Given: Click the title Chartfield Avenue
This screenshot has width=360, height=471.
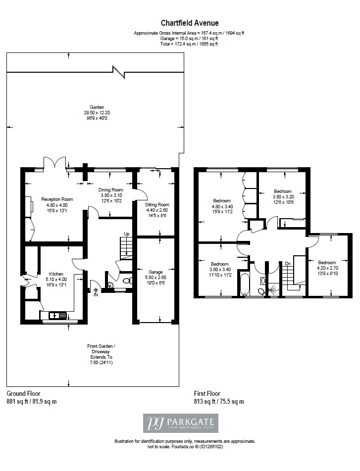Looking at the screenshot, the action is pyautogui.click(x=190, y=23).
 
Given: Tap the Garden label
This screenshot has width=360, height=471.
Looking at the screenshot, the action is pyautogui.click(x=97, y=107).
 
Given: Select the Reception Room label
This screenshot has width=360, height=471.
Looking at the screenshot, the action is pyautogui.click(x=57, y=199).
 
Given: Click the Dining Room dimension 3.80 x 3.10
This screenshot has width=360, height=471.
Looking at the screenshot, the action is pyautogui.click(x=111, y=195).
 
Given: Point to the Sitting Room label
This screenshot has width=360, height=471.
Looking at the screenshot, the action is pyautogui.click(x=157, y=204).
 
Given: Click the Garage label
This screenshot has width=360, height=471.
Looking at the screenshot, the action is pyautogui.click(x=155, y=272).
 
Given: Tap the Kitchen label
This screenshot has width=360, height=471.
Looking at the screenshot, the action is pyautogui.click(x=56, y=274).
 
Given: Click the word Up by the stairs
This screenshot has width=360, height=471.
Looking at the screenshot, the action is pyautogui.click(x=127, y=234).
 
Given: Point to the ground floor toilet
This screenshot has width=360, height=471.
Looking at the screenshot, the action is pyautogui.click(x=128, y=281).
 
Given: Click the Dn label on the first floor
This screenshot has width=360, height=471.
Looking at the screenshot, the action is pyautogui.click(x=288, y=264).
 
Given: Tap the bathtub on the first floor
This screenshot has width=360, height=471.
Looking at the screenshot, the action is pyautogui.click(x=244, y=284).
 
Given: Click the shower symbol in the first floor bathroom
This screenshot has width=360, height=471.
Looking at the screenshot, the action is pyautogui.click(x=273, y=290).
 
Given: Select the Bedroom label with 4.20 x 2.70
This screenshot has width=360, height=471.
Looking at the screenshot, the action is pyautogui.click(x=327, y=263).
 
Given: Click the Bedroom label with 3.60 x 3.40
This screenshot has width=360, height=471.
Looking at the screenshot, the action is pyautogui.click(x=219, y=264).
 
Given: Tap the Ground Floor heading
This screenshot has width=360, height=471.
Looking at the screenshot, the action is pyautogui.click(x=23, y=393).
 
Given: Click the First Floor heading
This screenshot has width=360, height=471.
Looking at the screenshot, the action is pyautogui.click(x=207, y=393).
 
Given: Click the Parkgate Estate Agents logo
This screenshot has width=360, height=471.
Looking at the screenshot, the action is pyautogui.click(x=180, y=423).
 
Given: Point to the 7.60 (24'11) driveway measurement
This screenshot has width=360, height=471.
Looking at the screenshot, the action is pyautogui.click(x=102, y=363).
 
